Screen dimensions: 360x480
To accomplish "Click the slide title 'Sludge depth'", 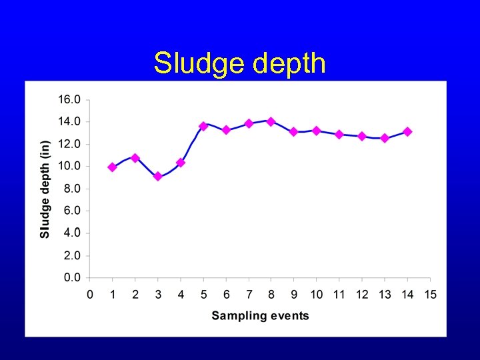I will [x=240, y=64].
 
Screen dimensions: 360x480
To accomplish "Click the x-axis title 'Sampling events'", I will [x=260, y=315].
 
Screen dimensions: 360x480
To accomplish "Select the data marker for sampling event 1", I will [x=112, y=167].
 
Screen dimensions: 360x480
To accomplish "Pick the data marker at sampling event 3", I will [x=157, y=177].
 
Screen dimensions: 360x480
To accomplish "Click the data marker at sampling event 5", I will [x=203, y=126].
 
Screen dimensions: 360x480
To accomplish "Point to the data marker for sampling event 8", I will [x=271, y=121].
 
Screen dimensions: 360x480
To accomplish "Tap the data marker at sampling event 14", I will [x=407, y=132].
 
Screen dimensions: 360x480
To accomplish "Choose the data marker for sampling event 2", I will [x=135, y=158].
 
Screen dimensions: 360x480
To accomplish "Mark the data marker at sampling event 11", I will [x=339, y=134].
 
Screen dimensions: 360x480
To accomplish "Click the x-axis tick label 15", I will [x=430, y=295].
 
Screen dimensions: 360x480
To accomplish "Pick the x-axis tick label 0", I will [x=90, y=295].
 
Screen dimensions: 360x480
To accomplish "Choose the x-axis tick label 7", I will [x=249, y=295].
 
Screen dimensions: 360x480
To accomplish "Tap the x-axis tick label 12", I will [x=362, y=295].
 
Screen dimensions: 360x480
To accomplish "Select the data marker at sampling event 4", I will [x=180, y=163].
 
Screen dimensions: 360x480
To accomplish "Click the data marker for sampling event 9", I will [x=293, y=132].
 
